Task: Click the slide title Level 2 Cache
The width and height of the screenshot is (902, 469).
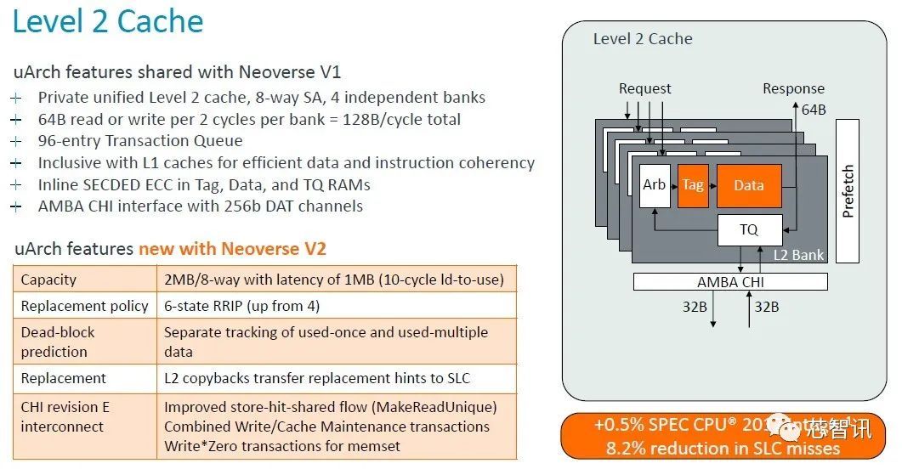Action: point(108,21)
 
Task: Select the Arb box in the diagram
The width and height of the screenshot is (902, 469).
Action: point(654,185)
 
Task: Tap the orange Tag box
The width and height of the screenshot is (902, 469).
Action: point(693,185)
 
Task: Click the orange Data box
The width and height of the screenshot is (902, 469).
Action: point(748,185)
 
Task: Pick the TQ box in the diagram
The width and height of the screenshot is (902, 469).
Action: point(748,229)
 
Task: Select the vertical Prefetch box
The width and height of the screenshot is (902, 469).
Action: point(848,190)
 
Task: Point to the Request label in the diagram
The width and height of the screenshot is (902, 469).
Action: point(644,89)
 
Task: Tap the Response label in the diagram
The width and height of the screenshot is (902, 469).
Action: point(793,89)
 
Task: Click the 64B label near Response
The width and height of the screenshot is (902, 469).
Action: point(814,110)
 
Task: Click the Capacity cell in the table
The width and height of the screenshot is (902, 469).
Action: point(48,280)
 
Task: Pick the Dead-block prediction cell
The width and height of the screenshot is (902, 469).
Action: point(58,342)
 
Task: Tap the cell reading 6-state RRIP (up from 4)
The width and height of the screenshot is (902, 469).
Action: point(241,306)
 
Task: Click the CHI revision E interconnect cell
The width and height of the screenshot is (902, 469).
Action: point(65,416)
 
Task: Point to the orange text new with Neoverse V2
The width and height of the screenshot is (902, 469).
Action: point(232,249)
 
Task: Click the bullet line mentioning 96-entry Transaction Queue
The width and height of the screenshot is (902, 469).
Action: point(140,141)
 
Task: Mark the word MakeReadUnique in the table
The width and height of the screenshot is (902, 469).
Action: point(441,407)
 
